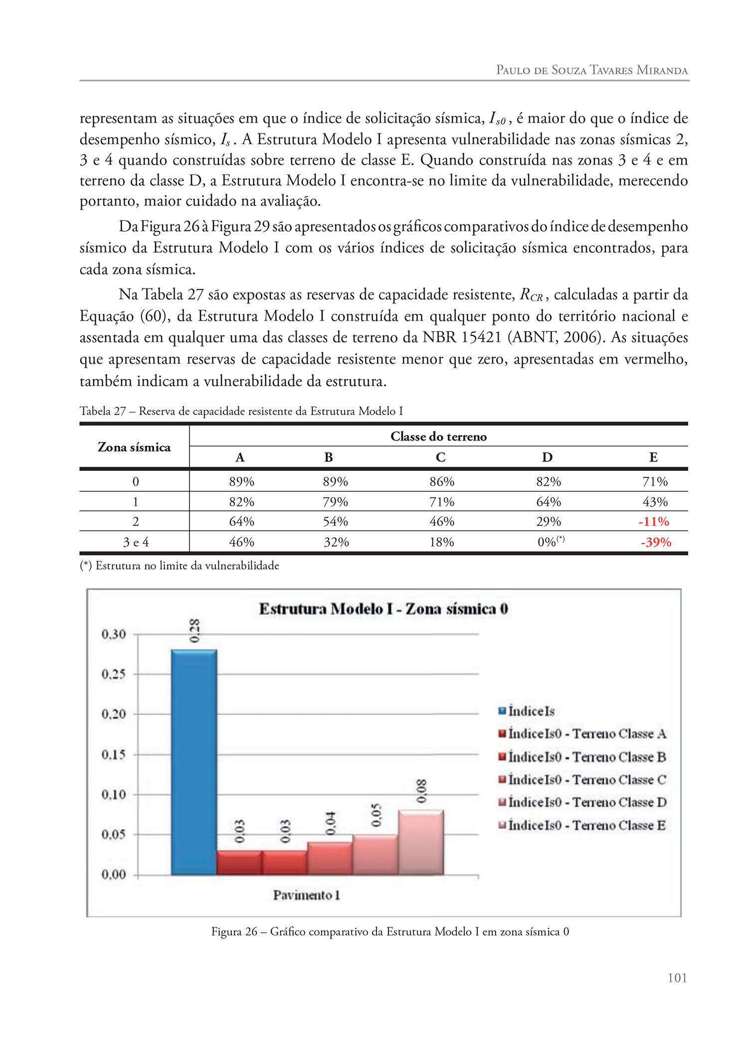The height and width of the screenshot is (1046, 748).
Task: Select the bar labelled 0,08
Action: (421, 842)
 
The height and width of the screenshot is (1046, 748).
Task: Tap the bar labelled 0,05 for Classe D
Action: (375, 854)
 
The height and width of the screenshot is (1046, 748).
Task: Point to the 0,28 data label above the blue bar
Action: (194, 630)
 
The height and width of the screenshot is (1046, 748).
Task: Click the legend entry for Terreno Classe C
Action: (582, 780)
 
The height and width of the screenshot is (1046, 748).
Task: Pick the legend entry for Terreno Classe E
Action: (582, 826)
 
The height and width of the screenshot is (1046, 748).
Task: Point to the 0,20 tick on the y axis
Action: (114, 714)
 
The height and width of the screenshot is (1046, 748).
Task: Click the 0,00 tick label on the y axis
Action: (114, 875)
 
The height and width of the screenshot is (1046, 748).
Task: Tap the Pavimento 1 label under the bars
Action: (306, 896)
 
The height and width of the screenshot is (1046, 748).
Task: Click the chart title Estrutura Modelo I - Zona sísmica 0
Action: (383, 609)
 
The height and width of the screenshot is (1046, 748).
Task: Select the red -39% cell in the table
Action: (655, 542)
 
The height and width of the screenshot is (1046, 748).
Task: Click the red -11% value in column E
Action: (653, 522)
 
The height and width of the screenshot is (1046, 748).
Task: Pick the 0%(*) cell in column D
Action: (550, 542)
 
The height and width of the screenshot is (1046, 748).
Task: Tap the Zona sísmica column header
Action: (134, 447)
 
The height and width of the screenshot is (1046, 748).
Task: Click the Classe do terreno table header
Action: (438, 437)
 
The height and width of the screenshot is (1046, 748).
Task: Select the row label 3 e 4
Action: (136, 542)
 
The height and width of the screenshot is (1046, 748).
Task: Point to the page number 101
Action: (677, 978)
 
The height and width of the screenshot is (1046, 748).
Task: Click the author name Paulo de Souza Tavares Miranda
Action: (591, 70)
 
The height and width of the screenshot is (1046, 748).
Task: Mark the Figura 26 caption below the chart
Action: (390, 932)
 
